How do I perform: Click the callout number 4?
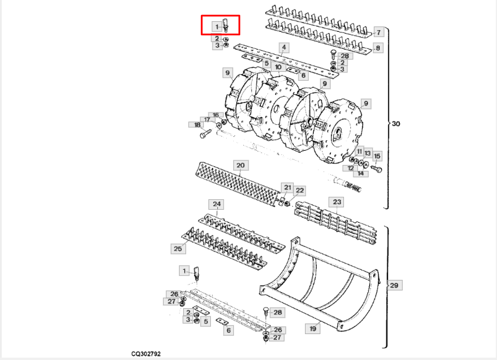click(x=284, y=48)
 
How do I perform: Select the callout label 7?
click(x=378, y=32)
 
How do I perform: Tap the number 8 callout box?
click(x=378, y=48)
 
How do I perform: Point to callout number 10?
click(x=278, y=68)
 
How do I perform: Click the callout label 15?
click(x=377, y=156)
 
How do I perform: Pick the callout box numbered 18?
click(x=194, y=125)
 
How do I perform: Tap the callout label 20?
click(x=240, y=166)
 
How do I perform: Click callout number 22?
click(x=300, y=190)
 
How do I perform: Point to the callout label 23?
click(x=337, y=202)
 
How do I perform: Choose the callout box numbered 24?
click(x=217, y=205)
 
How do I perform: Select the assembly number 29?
click(x=394, y=286)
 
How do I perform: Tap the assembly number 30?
click(x=396, y=124)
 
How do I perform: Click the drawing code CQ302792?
click(x=146, y=354)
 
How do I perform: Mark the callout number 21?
click(x=287, y=187)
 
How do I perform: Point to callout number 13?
click(x=367, y=153)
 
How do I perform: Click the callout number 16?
click(x=216, y=115)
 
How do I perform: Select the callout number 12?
click(x=350, y=168)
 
